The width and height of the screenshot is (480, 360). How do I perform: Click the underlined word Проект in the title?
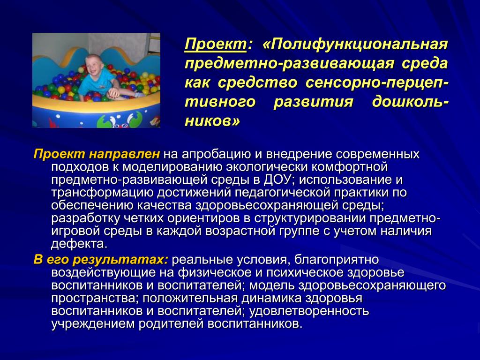[216, 45]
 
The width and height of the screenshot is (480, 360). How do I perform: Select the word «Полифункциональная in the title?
[355, 45]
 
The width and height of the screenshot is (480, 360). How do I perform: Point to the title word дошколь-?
[410, 102]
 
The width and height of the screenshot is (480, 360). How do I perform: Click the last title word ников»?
[212, 121]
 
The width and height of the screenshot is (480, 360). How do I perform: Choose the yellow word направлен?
[124, 154]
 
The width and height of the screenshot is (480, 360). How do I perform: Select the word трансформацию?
[102, 193]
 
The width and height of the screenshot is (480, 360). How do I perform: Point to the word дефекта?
[79, 244]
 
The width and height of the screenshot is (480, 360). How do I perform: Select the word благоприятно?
[337, 260]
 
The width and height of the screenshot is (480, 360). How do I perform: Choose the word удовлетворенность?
[309, 311]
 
